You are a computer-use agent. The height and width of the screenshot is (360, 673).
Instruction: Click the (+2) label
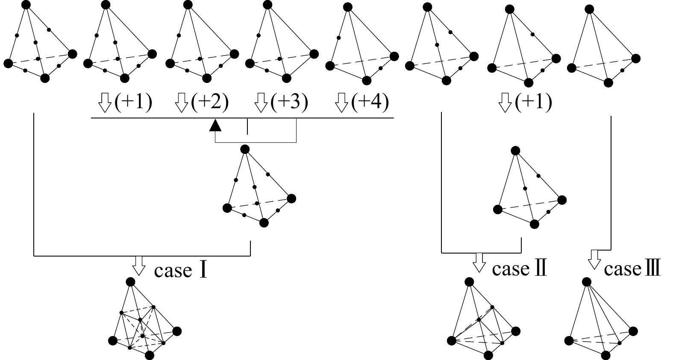click(x=210, y=103)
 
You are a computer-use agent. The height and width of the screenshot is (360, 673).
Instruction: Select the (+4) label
click(x=370, y=103)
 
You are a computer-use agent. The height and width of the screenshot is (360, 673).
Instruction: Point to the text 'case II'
click(x=519, y=269)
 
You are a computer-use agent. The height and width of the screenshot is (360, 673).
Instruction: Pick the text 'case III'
click(x=632, y=269)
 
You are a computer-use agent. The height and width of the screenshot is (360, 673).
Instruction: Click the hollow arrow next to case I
click(x=139, y=266)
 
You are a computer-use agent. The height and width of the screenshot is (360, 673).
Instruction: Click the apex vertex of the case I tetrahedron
click(x=131, y=282)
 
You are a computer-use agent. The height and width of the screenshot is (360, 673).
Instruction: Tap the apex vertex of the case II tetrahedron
click(x=469, y=282)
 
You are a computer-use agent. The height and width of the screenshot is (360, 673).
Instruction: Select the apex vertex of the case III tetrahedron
click(x=587, y=282)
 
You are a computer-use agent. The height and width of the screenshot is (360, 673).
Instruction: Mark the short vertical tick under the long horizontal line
click(x=247, y=127)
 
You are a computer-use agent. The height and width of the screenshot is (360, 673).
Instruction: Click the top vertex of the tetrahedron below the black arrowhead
click(x=245, y=149)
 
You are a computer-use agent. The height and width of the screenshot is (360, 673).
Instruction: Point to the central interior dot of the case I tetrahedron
click(x=142, y=336)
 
